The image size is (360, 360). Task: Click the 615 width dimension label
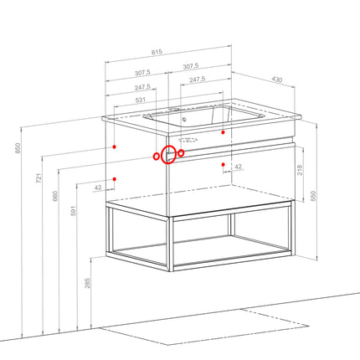157,52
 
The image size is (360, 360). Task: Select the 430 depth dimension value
277,80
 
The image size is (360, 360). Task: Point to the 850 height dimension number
18,148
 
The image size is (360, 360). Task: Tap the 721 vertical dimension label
39,178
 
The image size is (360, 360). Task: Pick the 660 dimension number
55,196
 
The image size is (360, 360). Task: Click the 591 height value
73,211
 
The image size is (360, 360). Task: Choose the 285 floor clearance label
88,283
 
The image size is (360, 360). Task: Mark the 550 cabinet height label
313,196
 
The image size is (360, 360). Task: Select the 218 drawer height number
300,170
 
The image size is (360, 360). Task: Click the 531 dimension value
141,100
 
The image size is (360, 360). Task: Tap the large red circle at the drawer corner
168,155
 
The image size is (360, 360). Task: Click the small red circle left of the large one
157,157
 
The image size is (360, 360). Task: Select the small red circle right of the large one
181,153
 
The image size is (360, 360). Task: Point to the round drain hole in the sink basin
184,120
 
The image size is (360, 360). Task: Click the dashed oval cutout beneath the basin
188,140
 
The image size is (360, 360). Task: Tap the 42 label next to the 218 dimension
238,167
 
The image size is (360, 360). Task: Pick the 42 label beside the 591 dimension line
98,188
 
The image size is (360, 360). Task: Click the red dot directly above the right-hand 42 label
223,165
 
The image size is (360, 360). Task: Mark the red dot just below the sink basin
223,132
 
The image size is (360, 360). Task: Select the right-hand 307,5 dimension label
191,67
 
